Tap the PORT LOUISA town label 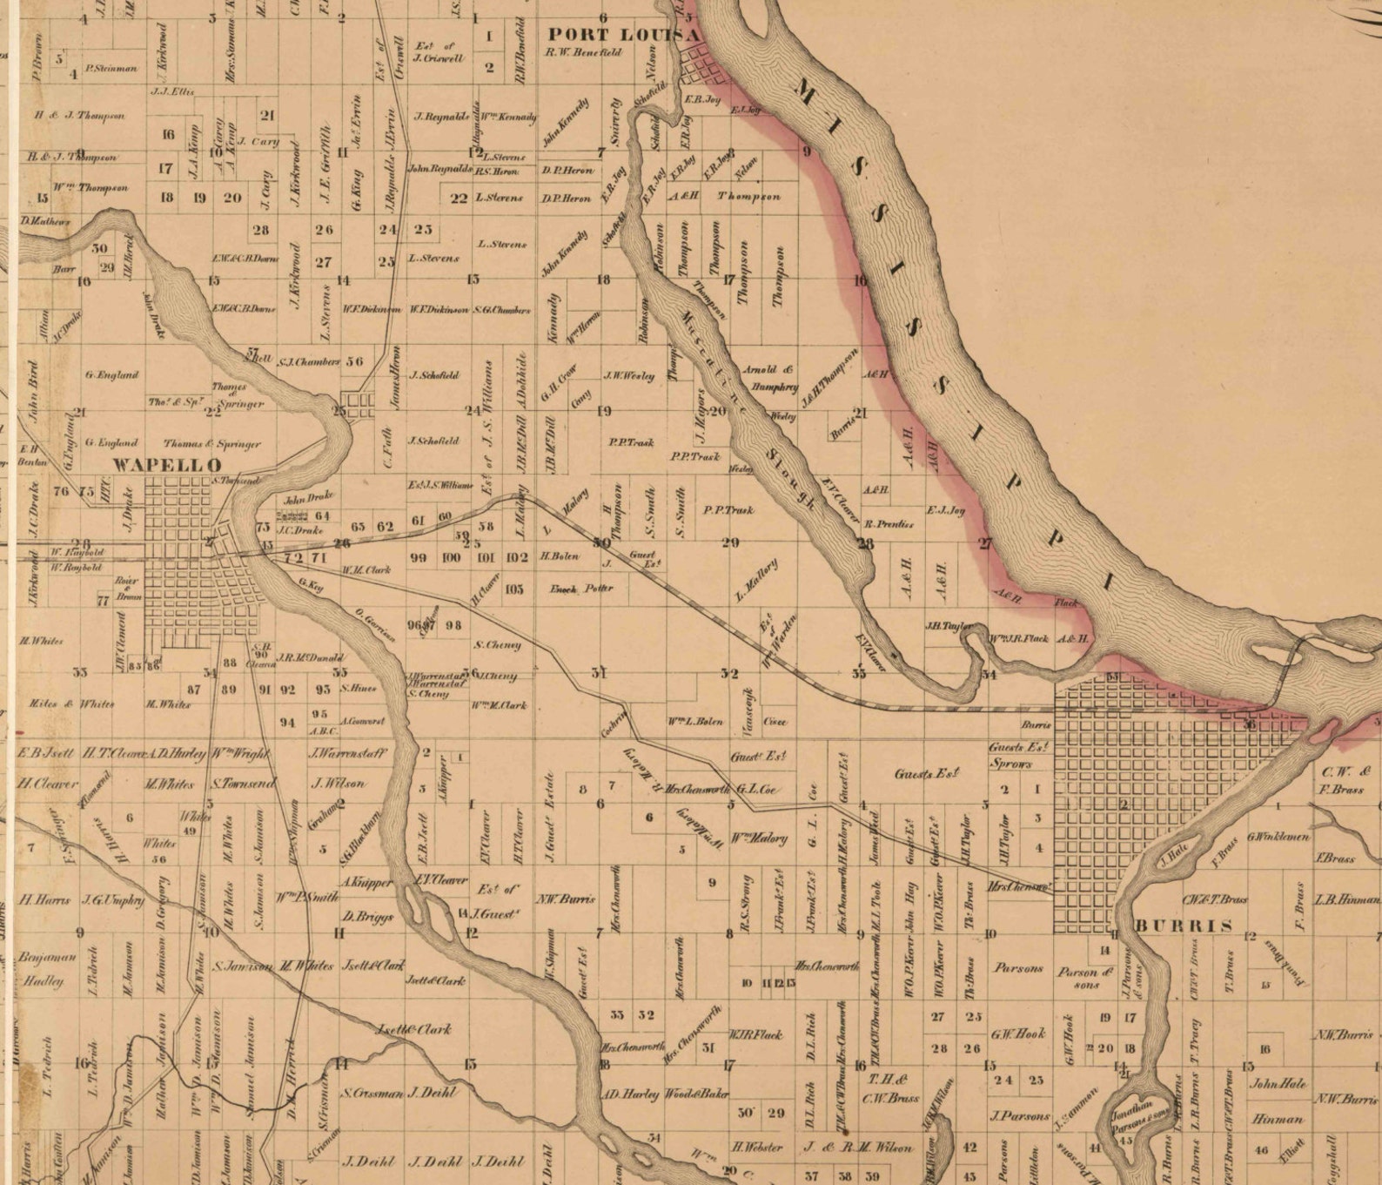click(623, 34)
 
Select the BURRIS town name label click(1184, 925)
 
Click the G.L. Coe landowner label click(755, 790)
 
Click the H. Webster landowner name click(757, 1148)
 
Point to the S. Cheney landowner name click(498, 645)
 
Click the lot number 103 click(514, 589)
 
